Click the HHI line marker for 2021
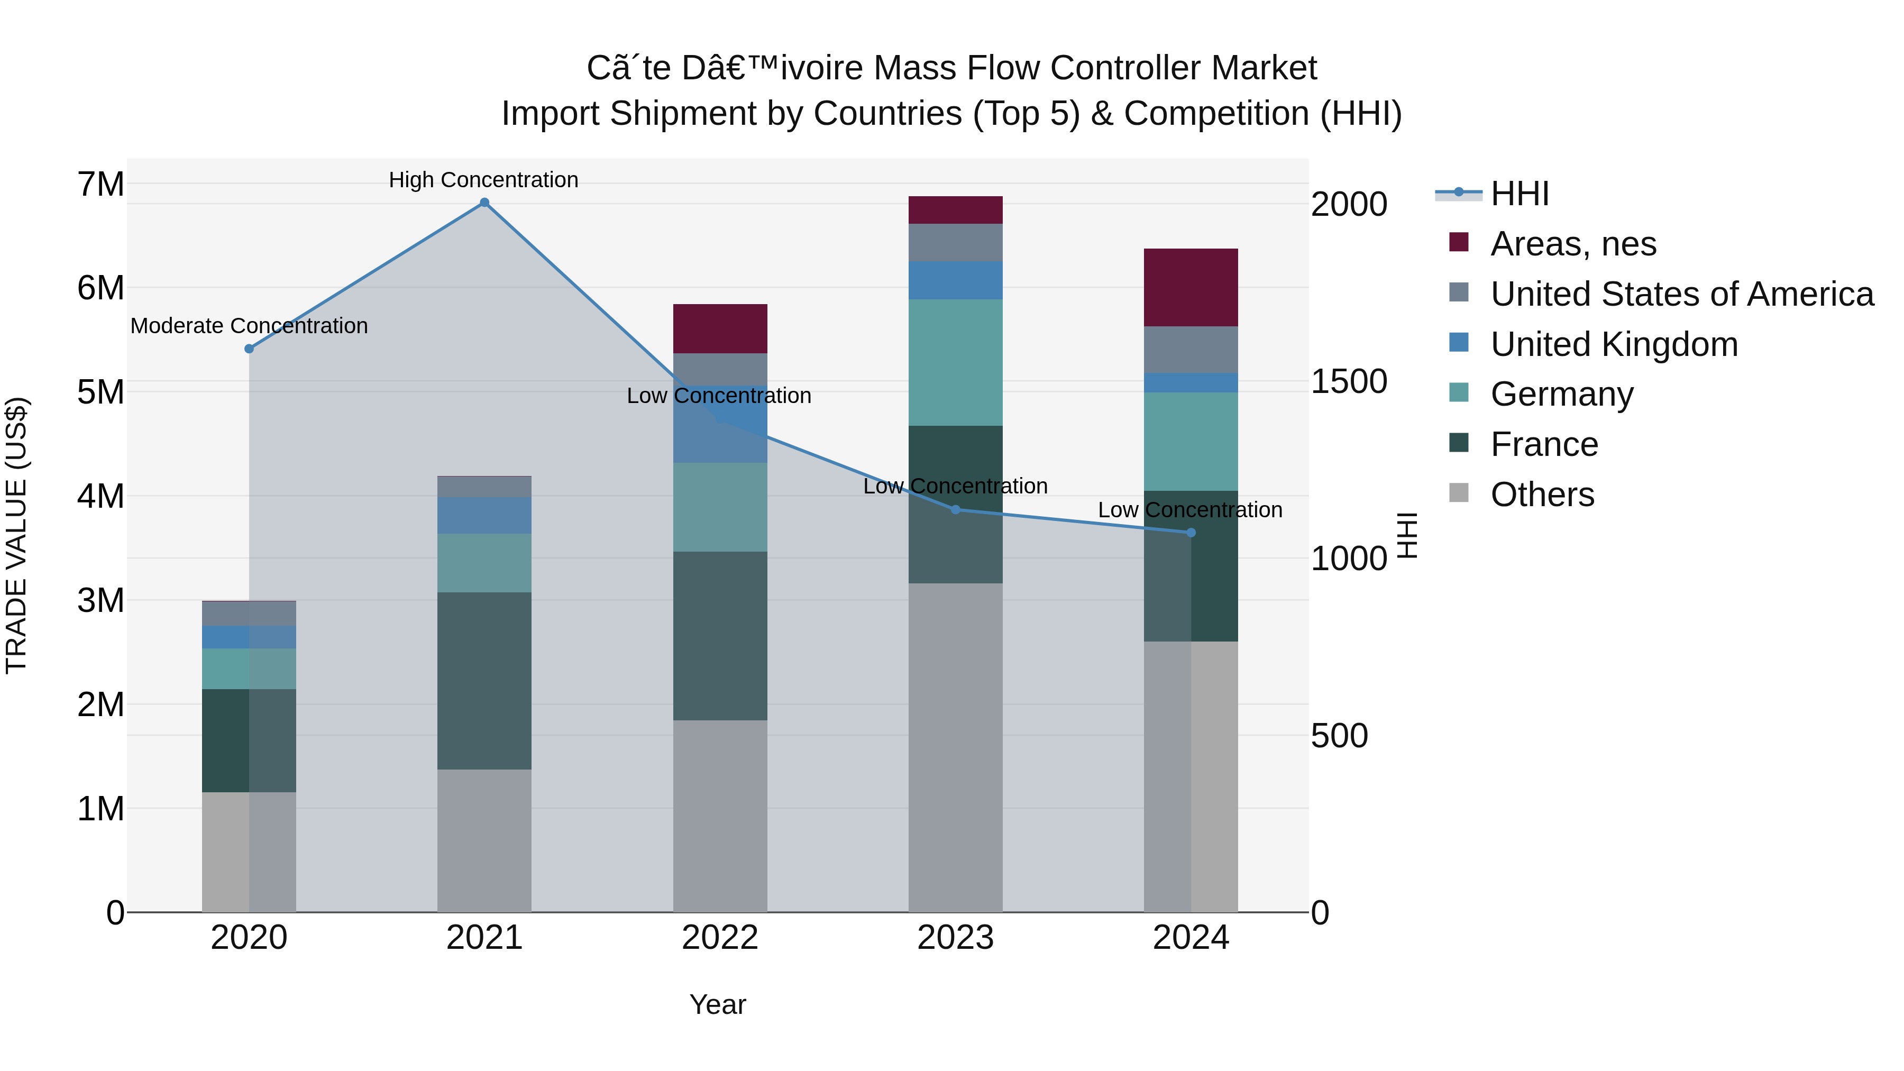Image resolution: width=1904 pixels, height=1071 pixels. point(484,203)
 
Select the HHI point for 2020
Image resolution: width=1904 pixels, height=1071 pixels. point(249,349)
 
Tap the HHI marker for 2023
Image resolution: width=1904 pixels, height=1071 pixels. point(955,509)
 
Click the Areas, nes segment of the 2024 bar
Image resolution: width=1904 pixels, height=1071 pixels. point(1191,288)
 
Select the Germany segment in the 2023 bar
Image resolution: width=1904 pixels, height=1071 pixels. point(955,362)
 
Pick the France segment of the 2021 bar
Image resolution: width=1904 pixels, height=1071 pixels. point(484,680)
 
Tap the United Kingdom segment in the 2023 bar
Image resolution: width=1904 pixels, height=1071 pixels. point(955,280)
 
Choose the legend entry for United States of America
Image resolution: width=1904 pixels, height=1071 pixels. point(1681,294)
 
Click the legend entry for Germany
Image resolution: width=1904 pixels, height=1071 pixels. point(1561,394)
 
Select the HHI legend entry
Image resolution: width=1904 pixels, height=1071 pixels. point(1519,194)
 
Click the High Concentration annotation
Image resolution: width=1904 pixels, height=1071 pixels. point(483,180)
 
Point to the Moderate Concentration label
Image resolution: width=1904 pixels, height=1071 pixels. point(249,326)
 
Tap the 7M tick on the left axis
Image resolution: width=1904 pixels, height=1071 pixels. point(100,184)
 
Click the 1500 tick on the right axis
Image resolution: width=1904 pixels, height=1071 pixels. point(1348,381)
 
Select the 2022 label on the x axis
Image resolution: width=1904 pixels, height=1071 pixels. point(720,938)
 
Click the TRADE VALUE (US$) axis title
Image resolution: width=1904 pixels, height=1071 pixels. point(16,535)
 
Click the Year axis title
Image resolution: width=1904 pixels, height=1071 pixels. point(718,1004)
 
